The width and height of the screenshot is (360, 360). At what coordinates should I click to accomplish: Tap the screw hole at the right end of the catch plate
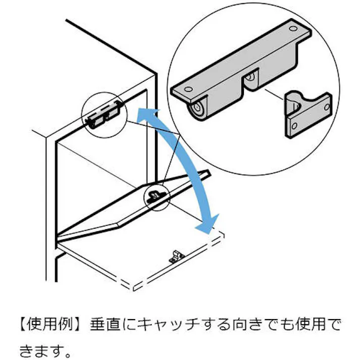pos(294,29)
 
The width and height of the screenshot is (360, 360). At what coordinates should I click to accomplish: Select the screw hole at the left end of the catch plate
pos(187,89)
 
